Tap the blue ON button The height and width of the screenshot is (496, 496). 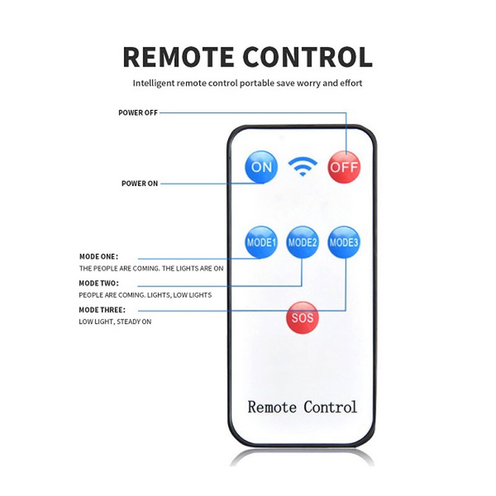click(261, 167)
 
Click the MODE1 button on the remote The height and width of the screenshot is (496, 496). click(261, 242)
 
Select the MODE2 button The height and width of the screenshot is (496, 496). click(303, 242)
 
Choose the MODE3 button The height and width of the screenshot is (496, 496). click(344, 242)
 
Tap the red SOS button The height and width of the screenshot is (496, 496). click(303, 317)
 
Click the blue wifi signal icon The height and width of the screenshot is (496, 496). click(303, 166)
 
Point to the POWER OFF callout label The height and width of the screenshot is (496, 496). click(138, 113)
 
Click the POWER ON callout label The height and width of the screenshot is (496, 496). click(139, 184)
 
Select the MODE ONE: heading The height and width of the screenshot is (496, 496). click(99, 257)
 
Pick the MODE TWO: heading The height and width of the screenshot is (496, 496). click(99, 283)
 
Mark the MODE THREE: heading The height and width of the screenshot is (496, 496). click(102, 309)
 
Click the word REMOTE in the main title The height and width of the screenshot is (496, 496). click(179, 57)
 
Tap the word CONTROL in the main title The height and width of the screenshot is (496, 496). click(308, 57)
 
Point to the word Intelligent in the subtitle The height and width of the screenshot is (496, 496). click(154, 83)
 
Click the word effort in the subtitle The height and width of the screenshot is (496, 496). click(351, 83)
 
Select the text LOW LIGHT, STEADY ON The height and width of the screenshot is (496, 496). click(115, 322)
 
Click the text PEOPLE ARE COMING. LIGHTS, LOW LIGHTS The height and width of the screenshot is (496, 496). click(145, 295)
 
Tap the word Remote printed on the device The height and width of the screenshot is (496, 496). click(272, 407)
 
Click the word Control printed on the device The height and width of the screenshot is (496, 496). click(330, 407)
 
